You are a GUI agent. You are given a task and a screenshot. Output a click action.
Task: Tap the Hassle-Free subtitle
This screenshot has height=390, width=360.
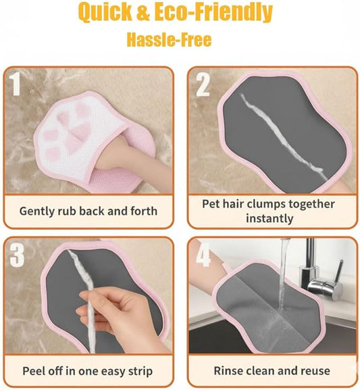(x=169, y=40)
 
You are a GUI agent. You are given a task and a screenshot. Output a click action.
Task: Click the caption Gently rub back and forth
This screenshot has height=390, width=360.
(x=88, y=211)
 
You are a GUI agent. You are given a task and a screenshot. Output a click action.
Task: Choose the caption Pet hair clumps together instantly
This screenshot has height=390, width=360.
(x=268, y=211)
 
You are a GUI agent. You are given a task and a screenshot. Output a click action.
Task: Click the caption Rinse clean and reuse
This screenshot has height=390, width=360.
(x=272, y=371)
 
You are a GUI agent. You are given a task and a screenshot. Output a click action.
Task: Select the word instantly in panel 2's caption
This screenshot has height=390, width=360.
(x=268, y=218)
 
